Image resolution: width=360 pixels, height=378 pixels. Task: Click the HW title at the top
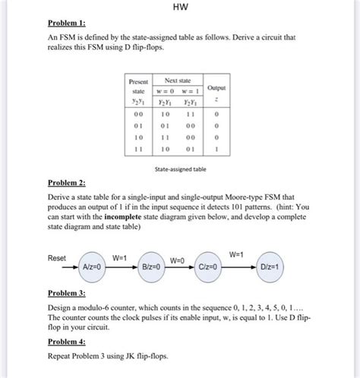pyautogui.click(x=179, y=10)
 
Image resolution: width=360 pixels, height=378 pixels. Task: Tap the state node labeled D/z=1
pyautogui.click(x=275, y=267)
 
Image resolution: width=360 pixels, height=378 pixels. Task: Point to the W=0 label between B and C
pyautogui.click(x=177, y=260)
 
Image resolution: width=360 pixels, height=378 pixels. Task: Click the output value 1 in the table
pyautogui.click(x=219, y=150)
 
